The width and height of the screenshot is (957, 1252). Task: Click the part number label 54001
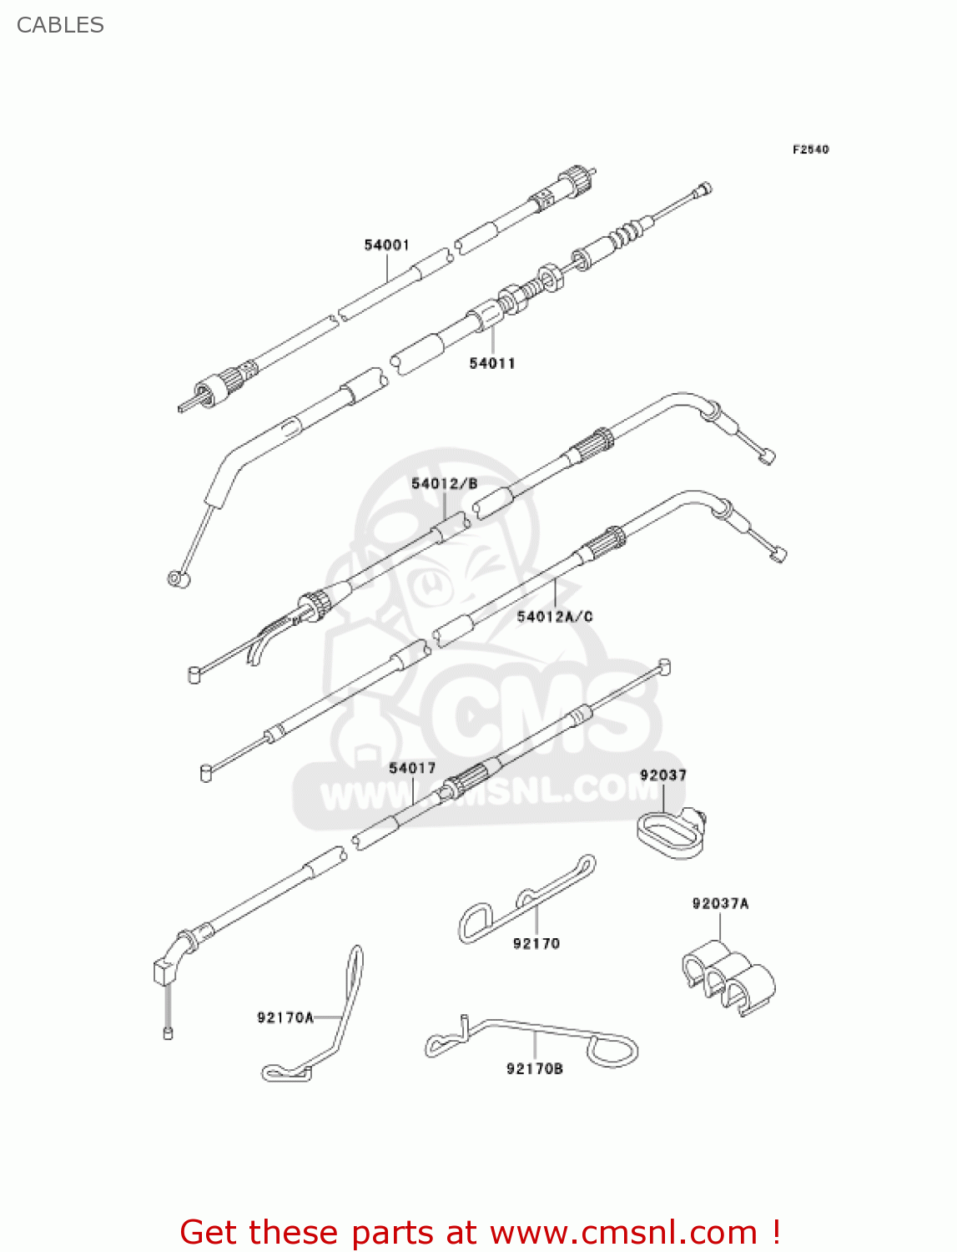pyautogui.click(x=386, y=245)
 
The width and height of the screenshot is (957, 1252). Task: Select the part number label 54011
pyautogui.click(x=492, y=363)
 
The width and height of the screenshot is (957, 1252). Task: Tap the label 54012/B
pyautogui.click(x=444, y=483)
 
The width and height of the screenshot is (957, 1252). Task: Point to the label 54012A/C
pyautogui.click(x=555, y=617)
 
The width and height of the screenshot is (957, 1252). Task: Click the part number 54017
pyautogui.click(x=412, y=768)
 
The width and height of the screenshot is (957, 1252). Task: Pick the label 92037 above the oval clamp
pyautogui.click(x=663, y=775)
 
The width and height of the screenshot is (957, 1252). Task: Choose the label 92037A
pyautogui.click(x=720, y=903)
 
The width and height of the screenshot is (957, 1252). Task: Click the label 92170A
pyautogui.click(x=285, y=1017)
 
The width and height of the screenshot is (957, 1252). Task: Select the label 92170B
pyautogui.click(x=535, y=1068)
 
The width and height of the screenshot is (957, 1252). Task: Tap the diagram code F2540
pyautogui.click(x=810, y=149)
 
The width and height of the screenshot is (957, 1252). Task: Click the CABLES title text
pyautogui.click(x=60, y=25)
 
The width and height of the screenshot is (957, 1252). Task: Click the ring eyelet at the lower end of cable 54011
pyautogui.click(x=178, y=578)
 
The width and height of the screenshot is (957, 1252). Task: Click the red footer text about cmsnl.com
pyautogui.click(x=480, y=1232)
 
